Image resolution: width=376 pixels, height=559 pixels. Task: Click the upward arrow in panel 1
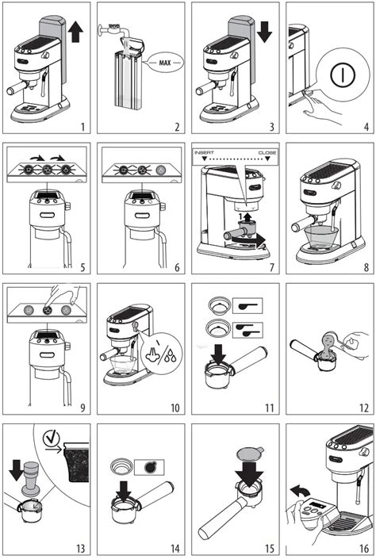click(x=75, y=31)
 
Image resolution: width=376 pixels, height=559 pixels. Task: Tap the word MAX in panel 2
click(x=165, y=63)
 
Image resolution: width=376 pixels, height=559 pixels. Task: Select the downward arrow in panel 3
click(x=264, y=32)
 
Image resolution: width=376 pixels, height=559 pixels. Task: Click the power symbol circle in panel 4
click(x=343, y=75)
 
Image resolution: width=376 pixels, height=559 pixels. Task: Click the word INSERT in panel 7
click(x=204, y=152)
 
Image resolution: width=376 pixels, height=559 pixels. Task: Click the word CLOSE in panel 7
click(x=267, y=152)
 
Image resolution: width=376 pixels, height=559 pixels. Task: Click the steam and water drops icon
click(x=162, y=354)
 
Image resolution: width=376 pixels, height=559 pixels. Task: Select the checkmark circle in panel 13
click(x=52, y=438)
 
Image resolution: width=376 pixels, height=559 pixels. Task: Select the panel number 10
click(x=175, y=407)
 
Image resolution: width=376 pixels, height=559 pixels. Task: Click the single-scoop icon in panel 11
click(x=247, y=305)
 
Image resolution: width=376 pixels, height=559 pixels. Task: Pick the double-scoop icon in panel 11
click(x=247, y=330)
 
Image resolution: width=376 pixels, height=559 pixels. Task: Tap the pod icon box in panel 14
click(x=149, y=467)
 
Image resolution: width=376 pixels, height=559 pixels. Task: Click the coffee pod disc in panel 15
click(x=250, y=453)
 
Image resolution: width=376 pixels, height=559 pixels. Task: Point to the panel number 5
click(x=82, y=267)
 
